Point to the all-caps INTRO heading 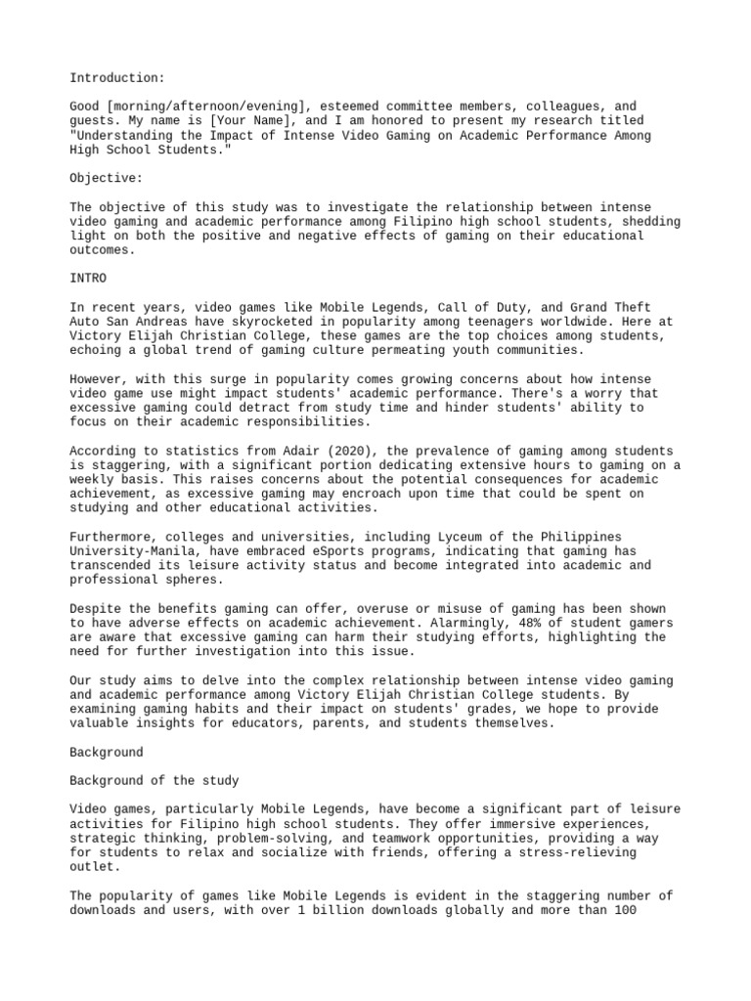88,279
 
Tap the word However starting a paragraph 100,379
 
